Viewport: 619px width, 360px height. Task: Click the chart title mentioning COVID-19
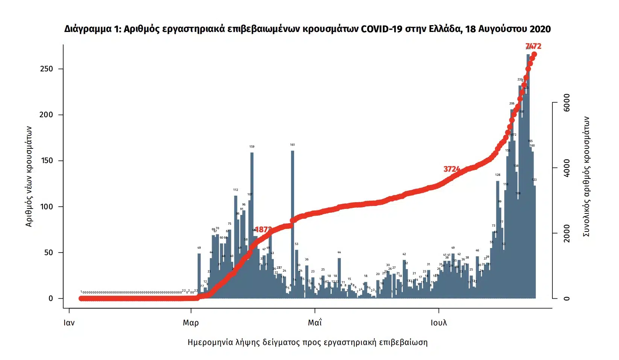307,29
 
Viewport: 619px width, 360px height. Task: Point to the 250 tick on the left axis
47,69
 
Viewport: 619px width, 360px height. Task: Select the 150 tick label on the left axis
47,160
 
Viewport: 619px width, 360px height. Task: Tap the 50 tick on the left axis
49,253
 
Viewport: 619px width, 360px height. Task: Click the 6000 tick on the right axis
566,102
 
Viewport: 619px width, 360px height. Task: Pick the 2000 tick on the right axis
566,233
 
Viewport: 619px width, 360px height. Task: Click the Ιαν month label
69,322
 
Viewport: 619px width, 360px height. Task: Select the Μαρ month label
191,322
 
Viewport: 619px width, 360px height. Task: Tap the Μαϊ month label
315,322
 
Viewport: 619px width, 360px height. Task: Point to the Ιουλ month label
438,322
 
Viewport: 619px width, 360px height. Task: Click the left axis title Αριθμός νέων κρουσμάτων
29,176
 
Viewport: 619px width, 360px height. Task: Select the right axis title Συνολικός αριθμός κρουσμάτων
586,176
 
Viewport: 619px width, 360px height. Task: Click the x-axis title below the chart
307,342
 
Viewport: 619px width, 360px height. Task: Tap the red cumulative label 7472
533,46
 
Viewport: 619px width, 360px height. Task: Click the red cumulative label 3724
451,169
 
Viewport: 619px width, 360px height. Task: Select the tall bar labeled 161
293,225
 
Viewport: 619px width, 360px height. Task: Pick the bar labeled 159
252,225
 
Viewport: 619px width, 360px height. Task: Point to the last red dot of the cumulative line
534,54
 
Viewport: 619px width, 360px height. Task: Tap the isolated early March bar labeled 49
199,276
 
